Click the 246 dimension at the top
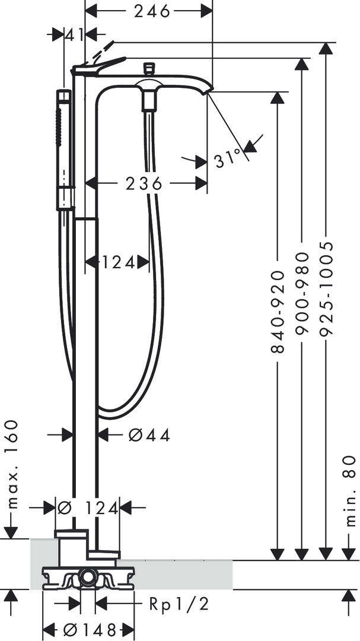click(152, 11)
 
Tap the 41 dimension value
click(74, 35)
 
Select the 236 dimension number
click(144, 184)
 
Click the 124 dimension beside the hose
click(118, 262)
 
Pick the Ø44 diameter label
click(149, 436)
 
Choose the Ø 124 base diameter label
click(87, 508)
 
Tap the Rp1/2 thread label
click(179, 604)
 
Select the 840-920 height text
click(278, 312)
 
